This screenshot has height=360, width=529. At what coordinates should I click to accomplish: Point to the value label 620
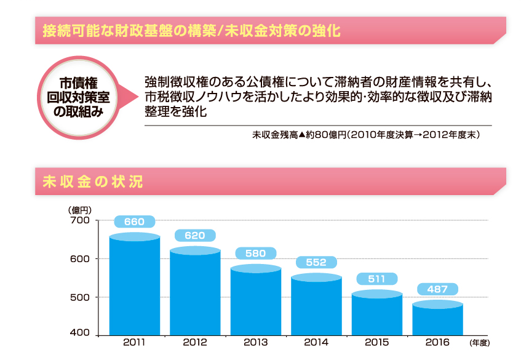tap(195, 235)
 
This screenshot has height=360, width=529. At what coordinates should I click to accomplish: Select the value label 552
tap(316, 263)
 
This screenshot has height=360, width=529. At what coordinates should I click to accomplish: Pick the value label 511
tap(376, 279)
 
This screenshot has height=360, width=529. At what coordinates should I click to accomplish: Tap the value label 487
tap(437, 289)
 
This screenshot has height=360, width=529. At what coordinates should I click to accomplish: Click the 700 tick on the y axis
tap(81, 220)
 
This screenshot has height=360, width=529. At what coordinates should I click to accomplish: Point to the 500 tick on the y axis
tap(81, 297)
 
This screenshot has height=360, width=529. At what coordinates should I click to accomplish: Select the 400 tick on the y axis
tap(81, 334)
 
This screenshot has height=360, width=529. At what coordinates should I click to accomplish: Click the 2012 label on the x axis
tap(195, 342)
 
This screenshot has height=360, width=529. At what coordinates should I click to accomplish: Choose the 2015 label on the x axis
tap(376, 342)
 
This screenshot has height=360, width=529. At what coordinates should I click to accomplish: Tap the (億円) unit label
tap(80, 210)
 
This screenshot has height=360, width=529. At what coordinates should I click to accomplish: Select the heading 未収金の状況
tap(93, 182)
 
